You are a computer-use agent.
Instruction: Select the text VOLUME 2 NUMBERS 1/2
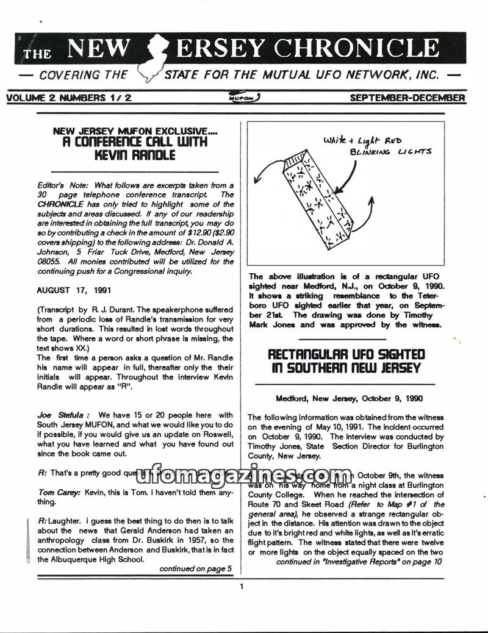[69, 98]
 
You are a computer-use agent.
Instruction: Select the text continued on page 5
[196, 568]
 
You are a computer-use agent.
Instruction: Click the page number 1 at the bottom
[242, 587]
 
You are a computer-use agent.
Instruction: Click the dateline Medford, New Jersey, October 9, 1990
[349, 399]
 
